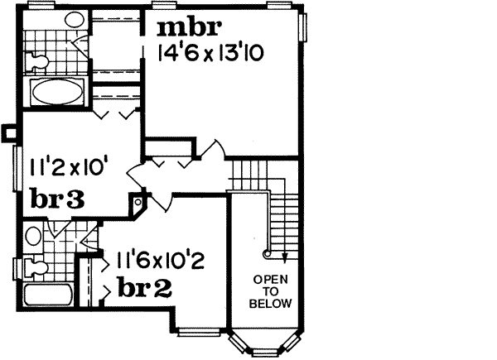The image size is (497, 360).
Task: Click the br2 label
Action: [145, 289]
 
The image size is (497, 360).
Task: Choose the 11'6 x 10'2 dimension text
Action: [160, 262]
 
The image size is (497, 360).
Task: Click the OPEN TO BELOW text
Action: [273, 291]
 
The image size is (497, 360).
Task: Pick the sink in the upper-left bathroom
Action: [75, 20]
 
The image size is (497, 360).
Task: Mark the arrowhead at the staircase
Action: [284, 260]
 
